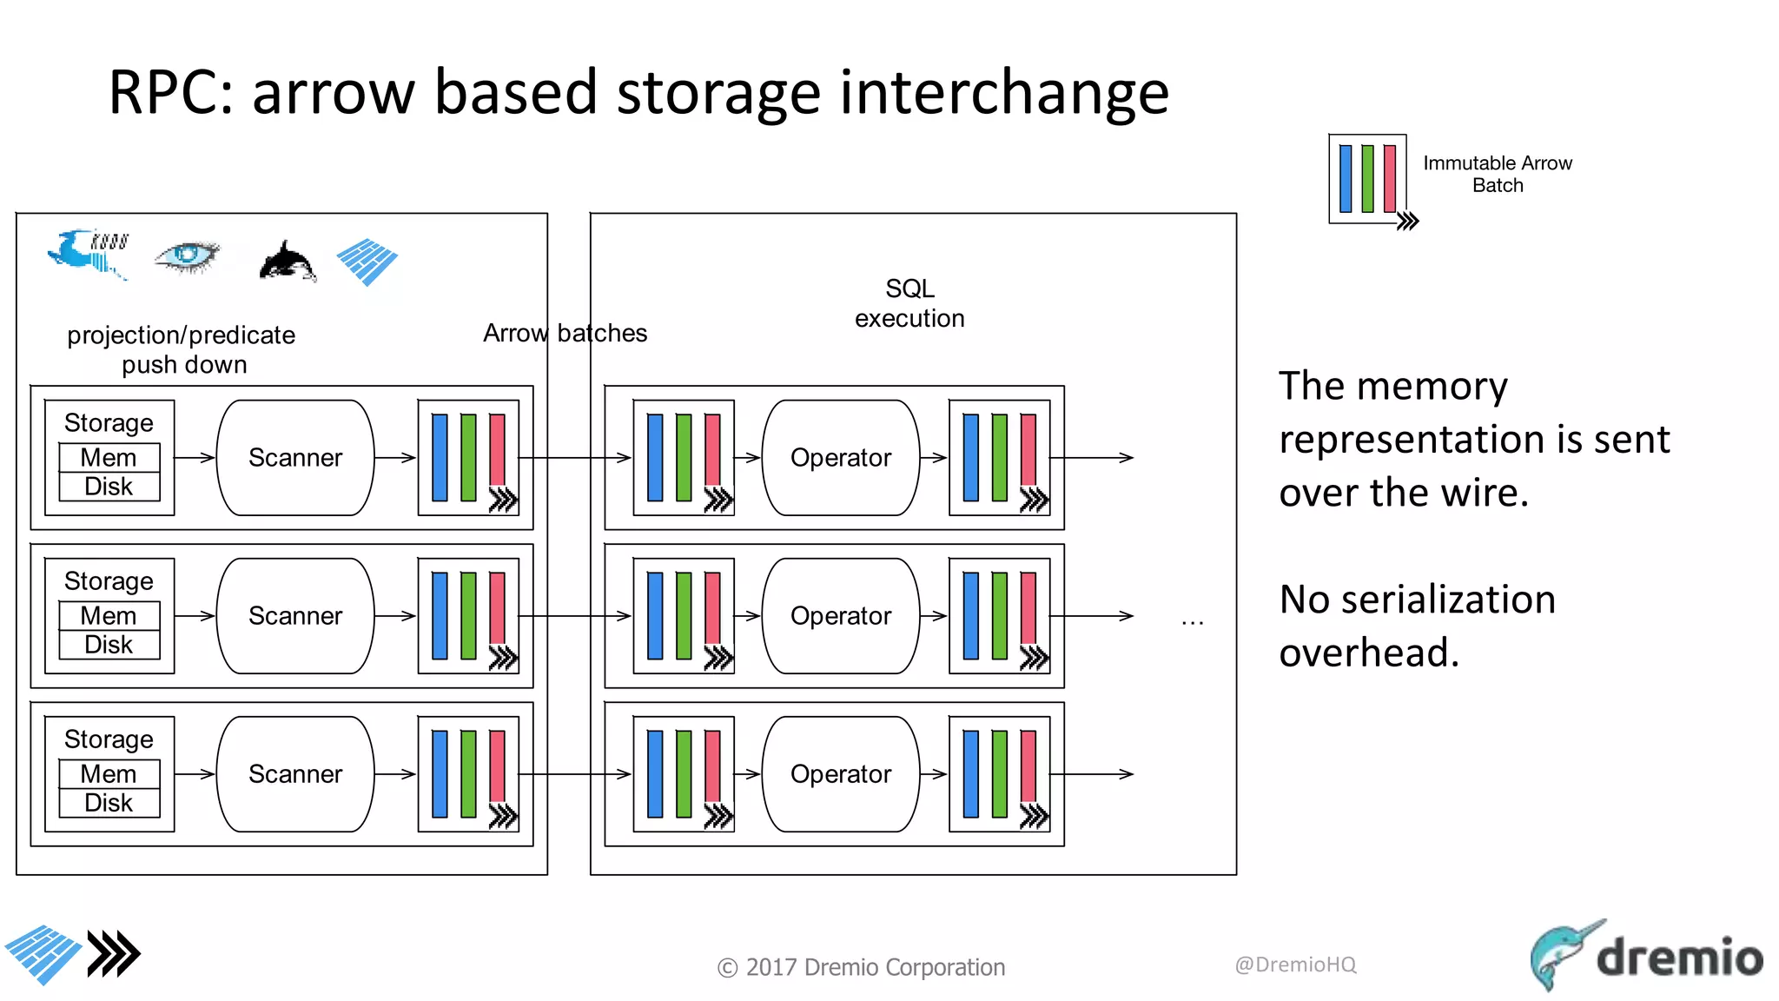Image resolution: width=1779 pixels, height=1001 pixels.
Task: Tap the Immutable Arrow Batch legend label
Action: coord(1497,174)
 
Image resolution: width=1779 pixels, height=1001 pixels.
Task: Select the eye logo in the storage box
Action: coord(186,256)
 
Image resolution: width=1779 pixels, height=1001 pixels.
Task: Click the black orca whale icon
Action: coord(287,261)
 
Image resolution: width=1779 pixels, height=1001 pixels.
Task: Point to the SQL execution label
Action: coord(909,303)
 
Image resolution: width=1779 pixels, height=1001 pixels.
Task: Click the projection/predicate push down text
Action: coord(182,349)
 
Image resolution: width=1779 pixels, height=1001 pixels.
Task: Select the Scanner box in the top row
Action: coord(294,458)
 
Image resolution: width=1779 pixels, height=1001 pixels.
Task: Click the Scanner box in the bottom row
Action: coord(294,774)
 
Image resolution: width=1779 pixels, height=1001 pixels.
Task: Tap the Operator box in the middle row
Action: coord(840,616)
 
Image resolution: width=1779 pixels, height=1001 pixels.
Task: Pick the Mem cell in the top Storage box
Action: coord(109,458)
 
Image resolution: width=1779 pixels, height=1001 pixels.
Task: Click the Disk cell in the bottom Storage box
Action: coord(109,803)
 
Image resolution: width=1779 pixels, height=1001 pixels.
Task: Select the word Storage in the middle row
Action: coord(109,580)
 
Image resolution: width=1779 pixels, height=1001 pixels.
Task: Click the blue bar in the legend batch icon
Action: coord(1346,179)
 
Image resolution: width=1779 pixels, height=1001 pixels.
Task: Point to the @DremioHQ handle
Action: coord(1295,965)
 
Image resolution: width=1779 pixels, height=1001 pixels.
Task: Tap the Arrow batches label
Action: coord(565,333)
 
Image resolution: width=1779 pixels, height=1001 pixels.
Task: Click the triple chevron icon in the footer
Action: coord(114,954)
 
